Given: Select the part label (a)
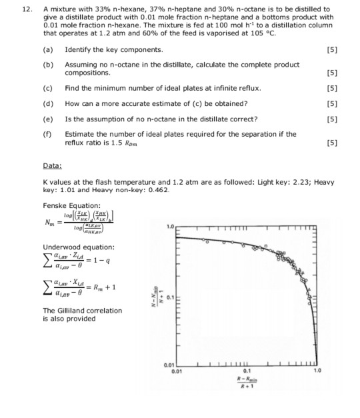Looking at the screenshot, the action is tap(48, 50).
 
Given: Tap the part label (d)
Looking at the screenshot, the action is tap(48, 103).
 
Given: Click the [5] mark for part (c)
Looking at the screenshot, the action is tap(332, 89).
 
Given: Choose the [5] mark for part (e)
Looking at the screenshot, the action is tap(332, 119).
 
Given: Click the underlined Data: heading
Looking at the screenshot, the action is tap(52, 165).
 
